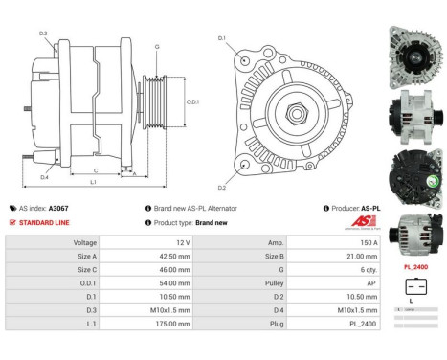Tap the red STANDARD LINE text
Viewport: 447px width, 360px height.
click(x=44, y=221)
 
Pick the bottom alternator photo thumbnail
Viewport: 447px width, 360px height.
click(x=413, y=230)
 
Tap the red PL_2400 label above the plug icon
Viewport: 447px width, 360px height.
click(x=414, y=267)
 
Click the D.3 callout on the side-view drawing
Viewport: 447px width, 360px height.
click(x=44, y=34)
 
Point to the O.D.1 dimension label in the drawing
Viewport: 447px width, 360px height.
click(x=191, y=102)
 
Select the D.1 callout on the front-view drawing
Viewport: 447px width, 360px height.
click(x=222, y=38)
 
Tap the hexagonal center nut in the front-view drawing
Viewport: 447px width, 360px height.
click(x=290, y=113)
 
